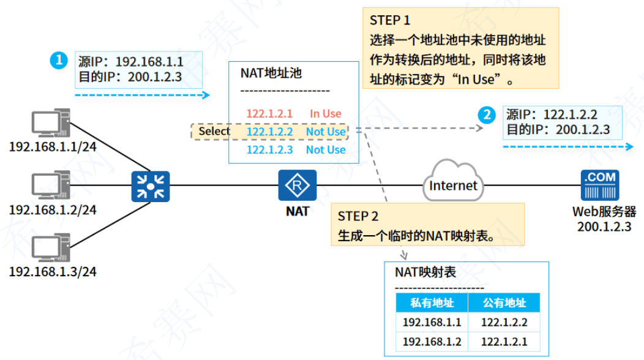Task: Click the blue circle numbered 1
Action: (58, 60)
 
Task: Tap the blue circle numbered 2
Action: (487, 114)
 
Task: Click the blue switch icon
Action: (150, 186)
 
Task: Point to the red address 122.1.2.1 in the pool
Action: (269, 114)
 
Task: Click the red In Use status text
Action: (325, 114)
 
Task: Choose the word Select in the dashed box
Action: (214, 131)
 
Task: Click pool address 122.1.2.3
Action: (269, 150)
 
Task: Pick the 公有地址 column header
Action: (504, 303)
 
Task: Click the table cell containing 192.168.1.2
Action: (432, 342)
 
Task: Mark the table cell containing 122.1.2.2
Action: (504, 323)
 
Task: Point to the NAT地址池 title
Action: (272, 73)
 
